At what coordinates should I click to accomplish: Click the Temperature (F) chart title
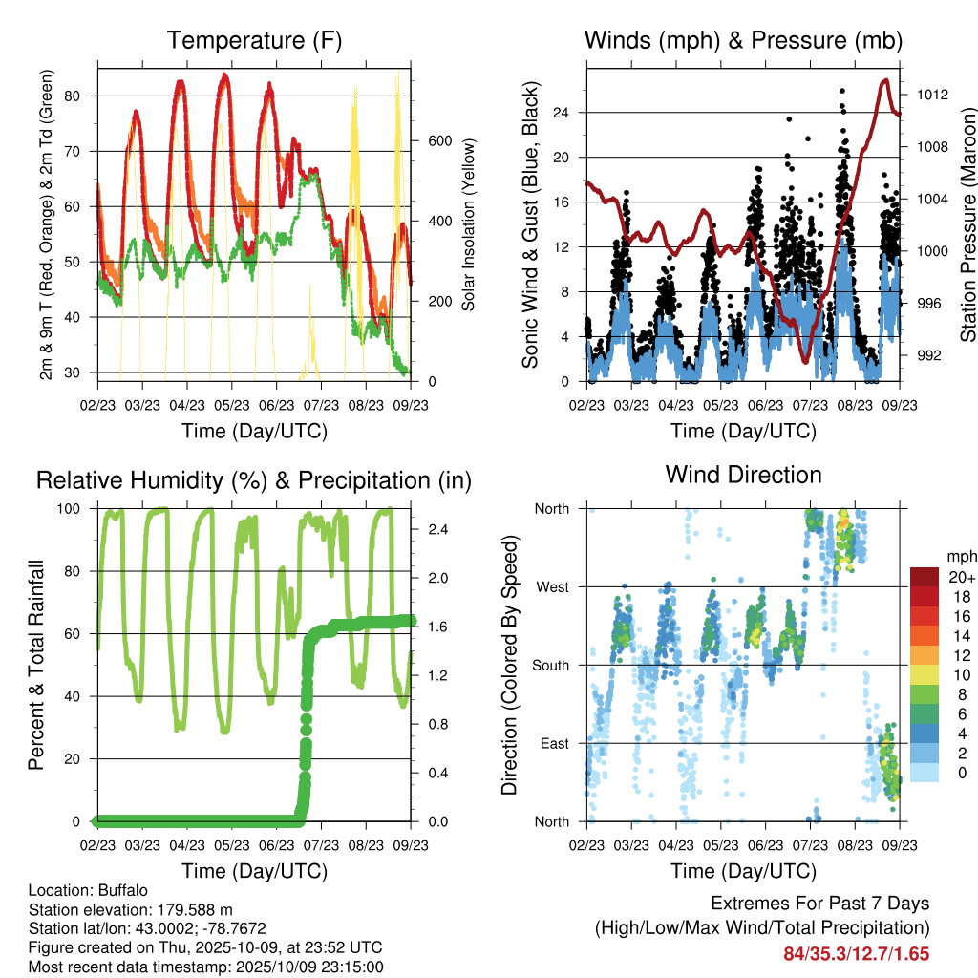pyautogui.click(x=254, y=41)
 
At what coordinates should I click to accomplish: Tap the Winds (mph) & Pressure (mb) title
pyautogui.click(x=743, y=41)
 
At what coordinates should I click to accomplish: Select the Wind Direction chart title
pyautogui.click(x=743, y=475)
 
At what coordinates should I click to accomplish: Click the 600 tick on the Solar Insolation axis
pyautogui.click(x=438, y=140)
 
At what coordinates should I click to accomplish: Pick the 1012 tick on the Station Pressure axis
pyautogui.click(x=932, y=96)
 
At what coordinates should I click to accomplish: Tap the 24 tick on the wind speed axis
pyautogui.click(x=562, y=113)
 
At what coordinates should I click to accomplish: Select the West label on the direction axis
pyautogui.click(x=551, y=586)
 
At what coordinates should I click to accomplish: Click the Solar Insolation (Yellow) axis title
pyautogui.click(x=469, y=225)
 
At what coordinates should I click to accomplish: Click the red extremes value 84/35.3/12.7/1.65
pyautogui.click(x=857, y=953)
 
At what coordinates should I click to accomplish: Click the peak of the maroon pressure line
pyautogui.click(x=885, y=80)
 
